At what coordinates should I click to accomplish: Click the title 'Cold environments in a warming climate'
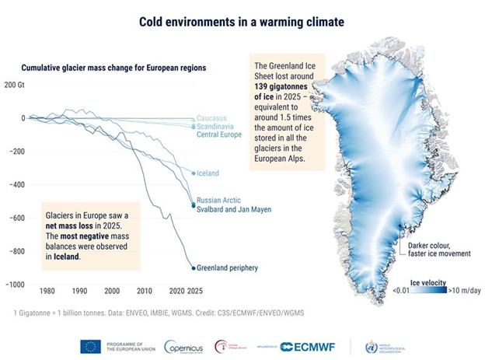tap(242, 21)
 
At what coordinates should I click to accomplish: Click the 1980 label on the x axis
tap(48, 290)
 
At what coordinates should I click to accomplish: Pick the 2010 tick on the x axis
tap(145, 290)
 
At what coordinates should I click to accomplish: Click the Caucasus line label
tap(212, 118)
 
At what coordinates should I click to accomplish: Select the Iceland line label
tap(208, 173)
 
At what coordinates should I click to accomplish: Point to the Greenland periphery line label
tap(228, 268)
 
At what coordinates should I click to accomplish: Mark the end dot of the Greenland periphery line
tap(194, 268)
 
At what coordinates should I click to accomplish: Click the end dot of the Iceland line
tap(194, 173)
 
